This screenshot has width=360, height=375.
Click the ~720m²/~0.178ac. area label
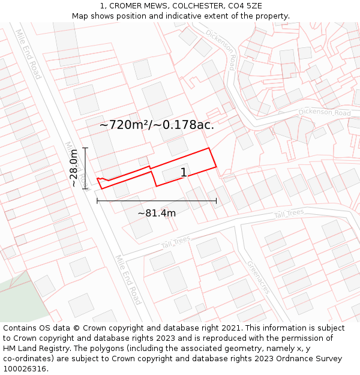point(157,125)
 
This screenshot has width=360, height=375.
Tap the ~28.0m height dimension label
point(74,168)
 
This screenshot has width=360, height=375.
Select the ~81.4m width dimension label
point(157,213)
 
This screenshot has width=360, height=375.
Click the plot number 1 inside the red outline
point(184,173)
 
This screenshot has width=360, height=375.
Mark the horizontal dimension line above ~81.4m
point(157,201)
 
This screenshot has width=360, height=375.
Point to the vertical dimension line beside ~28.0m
point(85,168)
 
